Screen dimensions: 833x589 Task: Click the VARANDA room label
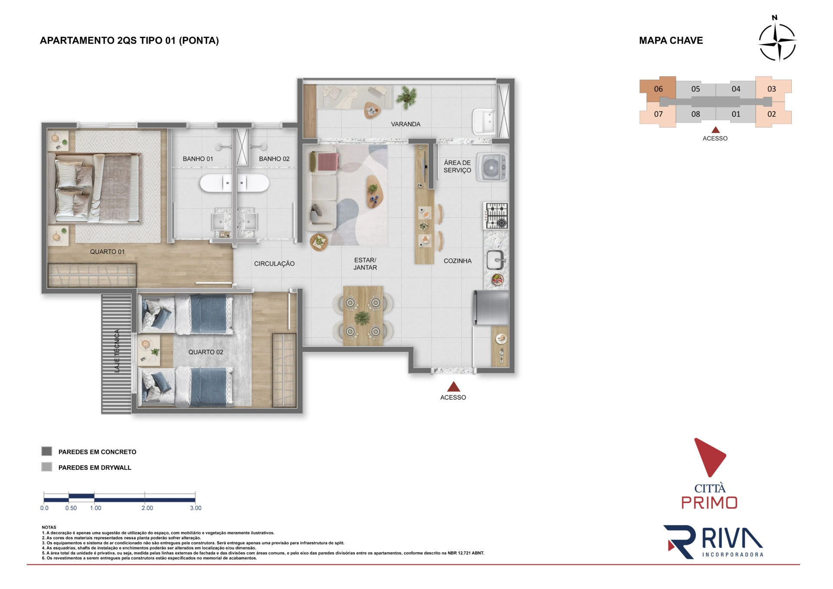406,124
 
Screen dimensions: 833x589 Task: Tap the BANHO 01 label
198,159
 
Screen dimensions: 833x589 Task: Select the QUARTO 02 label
206,352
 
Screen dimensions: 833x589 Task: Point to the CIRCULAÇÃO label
274,264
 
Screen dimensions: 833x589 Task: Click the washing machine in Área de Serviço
492,167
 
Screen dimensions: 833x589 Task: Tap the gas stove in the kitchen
496,216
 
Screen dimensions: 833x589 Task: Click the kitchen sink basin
495,260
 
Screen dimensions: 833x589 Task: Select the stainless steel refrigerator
491,308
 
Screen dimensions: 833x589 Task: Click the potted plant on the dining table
362,318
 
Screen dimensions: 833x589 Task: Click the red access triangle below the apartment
453,386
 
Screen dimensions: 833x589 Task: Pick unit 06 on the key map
658,89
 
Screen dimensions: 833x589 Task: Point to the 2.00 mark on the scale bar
147,508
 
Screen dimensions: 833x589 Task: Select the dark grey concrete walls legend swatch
47,451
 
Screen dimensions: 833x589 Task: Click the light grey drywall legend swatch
47,467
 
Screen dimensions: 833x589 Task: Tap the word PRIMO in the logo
709,503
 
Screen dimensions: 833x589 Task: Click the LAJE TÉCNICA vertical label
117,351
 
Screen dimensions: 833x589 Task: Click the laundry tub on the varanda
484,121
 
